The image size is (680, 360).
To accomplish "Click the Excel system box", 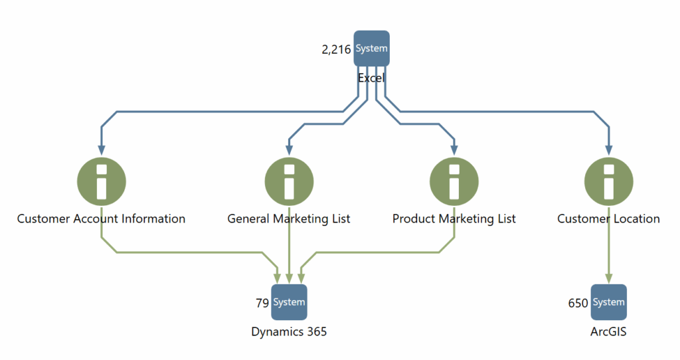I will [371, 48].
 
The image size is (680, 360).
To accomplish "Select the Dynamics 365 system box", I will [289, 302].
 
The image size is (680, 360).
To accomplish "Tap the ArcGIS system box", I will [608, 302].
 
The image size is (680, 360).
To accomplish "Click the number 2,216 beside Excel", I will [336, 49].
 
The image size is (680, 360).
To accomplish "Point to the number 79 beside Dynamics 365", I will [262, 303].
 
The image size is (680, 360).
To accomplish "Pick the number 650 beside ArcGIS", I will [578, 303].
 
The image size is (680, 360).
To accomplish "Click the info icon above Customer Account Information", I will [102, 180].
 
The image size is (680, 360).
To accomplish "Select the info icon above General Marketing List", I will [289, 180].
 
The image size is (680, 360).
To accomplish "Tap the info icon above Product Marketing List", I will [454, 180].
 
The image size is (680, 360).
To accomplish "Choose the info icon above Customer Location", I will [608, 180].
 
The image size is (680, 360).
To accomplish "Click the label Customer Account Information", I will [101, 219].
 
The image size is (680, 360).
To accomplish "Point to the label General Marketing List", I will [289, 219].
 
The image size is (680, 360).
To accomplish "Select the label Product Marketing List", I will [454, 219].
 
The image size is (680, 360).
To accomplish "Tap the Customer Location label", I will [608, 219].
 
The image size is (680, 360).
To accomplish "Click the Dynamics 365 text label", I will [289, 331].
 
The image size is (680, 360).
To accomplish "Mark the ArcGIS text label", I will [608, 331].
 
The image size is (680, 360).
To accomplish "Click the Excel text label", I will [371, 78].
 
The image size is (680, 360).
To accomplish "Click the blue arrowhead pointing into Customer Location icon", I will [608, 149].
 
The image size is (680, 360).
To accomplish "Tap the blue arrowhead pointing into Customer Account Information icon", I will [102, 149].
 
